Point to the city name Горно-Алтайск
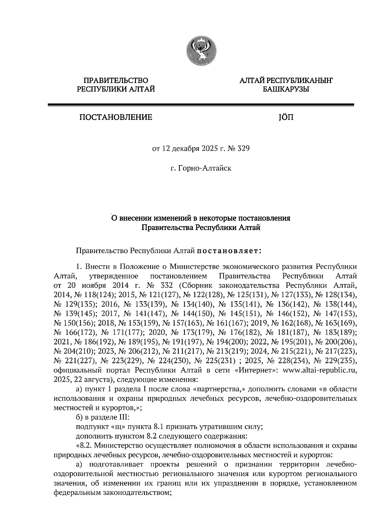click(x=205, y=169)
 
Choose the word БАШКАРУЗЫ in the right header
click(x=286, y=90)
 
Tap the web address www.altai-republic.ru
click(x=319, y=371)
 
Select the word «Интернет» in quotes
click(x=257, y=371)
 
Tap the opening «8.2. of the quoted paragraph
click(x=84, y=445)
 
